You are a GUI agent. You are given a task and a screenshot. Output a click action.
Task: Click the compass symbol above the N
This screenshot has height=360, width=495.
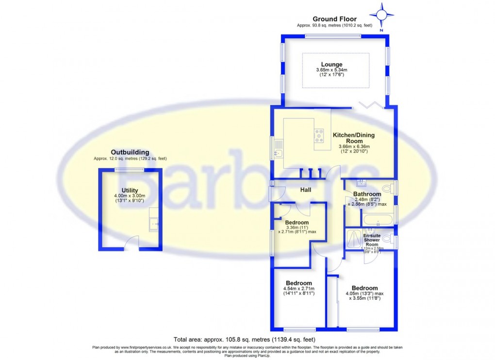(381, 15)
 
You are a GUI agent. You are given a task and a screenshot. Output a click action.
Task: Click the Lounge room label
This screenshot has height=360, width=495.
(331, 65)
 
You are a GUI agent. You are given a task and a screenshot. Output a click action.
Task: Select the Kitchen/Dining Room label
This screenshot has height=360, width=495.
(353, 138)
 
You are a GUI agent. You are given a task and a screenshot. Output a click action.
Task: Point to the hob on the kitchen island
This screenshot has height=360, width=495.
(319, 135)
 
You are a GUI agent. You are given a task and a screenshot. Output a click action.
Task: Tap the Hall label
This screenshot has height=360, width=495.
(305, 189)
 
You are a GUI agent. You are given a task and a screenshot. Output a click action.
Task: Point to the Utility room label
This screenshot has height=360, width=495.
(130, 190)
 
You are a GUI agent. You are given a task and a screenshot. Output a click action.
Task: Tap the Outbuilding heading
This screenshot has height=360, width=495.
(130, 152)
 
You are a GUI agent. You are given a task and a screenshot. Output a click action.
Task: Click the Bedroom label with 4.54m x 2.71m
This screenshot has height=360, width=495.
(298, 283)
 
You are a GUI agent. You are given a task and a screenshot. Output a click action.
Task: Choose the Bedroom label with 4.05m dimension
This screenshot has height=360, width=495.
(365, 288)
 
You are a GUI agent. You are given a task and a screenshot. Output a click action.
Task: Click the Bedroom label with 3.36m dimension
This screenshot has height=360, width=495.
(297, 223)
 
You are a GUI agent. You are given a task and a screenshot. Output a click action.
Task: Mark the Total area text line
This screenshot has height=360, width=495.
(247, 339)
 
